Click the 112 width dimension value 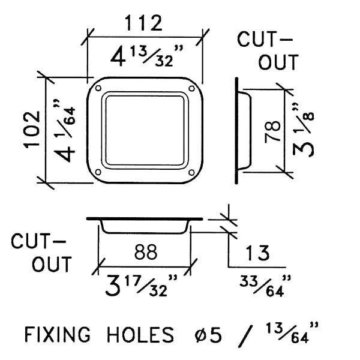[144, 23]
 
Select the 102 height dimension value [32, 130]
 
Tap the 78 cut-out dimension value [272, 132]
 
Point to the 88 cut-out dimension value [146, 252]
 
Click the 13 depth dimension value [257, 253]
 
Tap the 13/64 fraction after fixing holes [287, 332]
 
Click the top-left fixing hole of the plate [98, 88]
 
